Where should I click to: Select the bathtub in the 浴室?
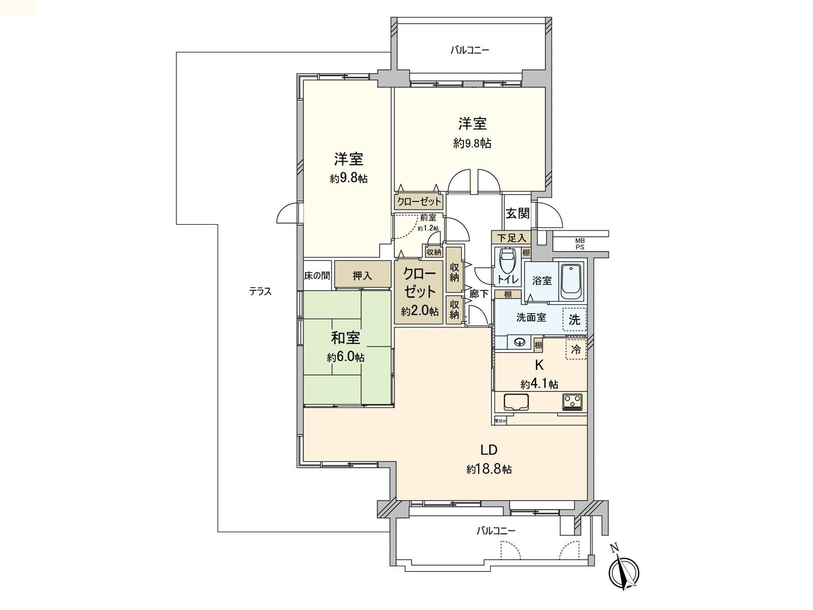coord(572,281)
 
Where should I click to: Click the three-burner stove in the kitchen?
coord(573,402)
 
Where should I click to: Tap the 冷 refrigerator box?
coord(576,349)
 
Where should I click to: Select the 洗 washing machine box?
coord(574,319)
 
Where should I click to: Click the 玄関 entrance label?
coord(517,213)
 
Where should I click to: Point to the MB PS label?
coord(580,243)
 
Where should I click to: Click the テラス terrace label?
coord(260,292)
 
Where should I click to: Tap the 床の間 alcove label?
coord(317,276)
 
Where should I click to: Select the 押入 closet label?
coord(362,276)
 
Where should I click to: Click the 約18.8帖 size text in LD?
coord(489,469)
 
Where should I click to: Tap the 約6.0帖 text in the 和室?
coord(346,357)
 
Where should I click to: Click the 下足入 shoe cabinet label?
coord(511,237)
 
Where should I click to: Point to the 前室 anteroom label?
coord(428,218)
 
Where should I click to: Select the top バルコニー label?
coord(470,50)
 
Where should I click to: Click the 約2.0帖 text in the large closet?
coord(420,311)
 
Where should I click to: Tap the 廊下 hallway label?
coord(479,293)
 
